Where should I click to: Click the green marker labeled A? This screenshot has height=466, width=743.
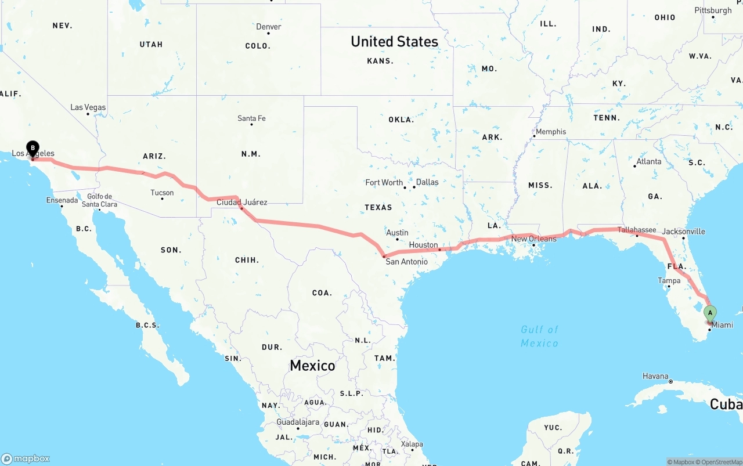click(x=709, y=313)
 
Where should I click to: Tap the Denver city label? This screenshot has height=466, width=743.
click(x=268, y=27)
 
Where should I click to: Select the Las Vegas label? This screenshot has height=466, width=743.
click(x=88, y=107)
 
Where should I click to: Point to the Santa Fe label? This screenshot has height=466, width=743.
click(x=251, y=118)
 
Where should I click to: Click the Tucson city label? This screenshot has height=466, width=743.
click(x=162, y=193)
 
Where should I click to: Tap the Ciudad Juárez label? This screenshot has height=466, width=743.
click(x=242, y=203)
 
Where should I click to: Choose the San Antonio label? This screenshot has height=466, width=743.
click(x=406, y=262)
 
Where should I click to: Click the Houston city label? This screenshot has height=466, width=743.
click(x=423, y=245)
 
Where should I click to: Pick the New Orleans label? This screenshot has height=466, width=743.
click(x=533, y=239)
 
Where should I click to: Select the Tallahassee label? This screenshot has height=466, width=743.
click(x=637, y=230)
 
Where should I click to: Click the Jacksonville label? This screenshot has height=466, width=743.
click(x=683, y=232)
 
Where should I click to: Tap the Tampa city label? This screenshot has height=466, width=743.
click(x=669, y=281)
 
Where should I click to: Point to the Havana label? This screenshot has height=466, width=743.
click(x=655, y=376)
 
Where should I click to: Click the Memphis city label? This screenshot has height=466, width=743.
click(x=550, y=132)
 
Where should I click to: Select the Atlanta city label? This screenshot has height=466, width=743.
click(x=648, y=161)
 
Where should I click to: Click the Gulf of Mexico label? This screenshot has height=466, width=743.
click(x=539, y=336)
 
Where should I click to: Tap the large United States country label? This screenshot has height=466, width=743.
click(x=394, y=42)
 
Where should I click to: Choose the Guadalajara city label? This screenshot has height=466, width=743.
click(x=297, y=422)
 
